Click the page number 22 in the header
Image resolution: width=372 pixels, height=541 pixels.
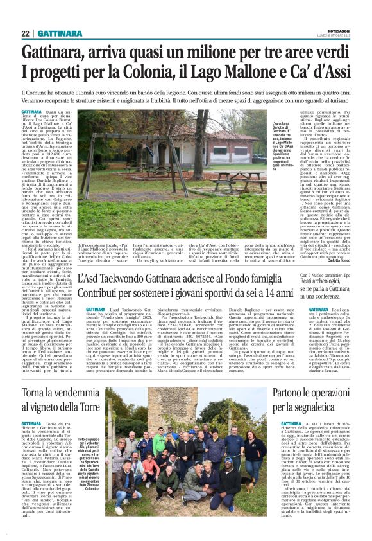(25, 33)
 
